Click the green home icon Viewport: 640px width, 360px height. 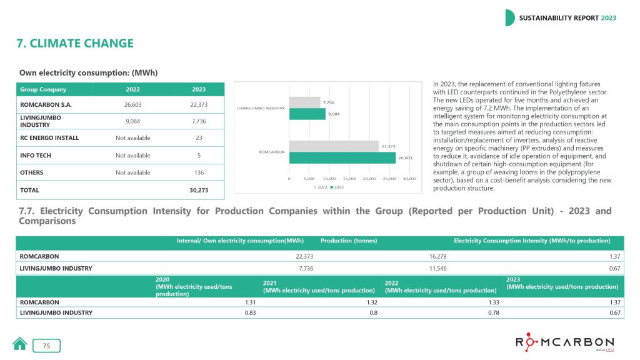(x=20, y=344)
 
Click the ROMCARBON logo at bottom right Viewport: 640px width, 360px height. (x=564, y=342)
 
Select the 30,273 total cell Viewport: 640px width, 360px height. (x=198, y=189)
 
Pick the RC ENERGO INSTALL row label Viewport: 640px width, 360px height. (x=49, y=137)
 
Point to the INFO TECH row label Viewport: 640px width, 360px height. (x=37, y=155)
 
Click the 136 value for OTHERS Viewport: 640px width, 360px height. (x=198, y=172)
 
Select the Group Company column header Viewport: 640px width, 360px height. (x=43, y=89)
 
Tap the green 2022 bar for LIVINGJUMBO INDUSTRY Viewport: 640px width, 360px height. (x=307, y=114)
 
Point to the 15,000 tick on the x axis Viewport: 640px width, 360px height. (x=349, y=178)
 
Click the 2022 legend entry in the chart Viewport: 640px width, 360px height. (x=337, y=187)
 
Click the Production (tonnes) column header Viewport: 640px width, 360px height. (x=349, y=241)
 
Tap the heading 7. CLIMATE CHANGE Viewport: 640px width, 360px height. (x=76, y=44)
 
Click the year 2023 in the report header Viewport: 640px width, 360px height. (x=608, y=17)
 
